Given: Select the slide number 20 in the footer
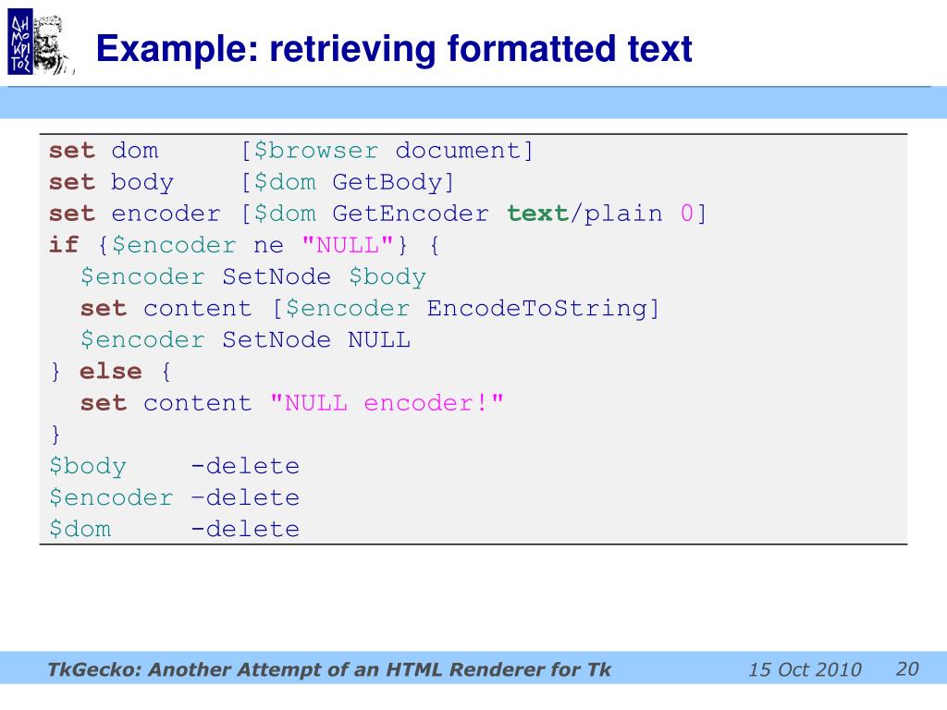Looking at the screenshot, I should click(x=906, y=668).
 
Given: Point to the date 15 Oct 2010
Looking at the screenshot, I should click(x=805, y=670).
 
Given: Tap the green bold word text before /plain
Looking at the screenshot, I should click(x=537, y=214).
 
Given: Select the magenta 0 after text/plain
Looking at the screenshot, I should click(x=687, y=214).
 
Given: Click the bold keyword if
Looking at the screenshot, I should click(x=64, y=245).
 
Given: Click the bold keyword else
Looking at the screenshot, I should click(x=111, y=371).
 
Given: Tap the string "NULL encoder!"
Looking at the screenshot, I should click(x=387, y=403).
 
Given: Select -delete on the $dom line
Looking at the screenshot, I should click(x=245, y=529).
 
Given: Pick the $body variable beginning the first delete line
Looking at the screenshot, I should click(x=88, y=466).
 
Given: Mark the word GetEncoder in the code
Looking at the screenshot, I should click(x=411, y=214).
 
